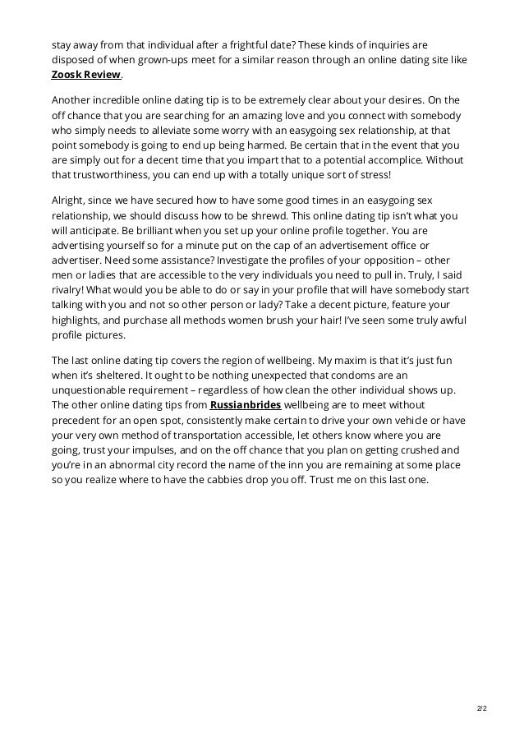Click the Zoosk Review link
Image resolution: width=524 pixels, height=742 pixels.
pos(86,75)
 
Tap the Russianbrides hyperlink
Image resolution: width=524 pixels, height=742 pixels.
pos(246,404)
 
